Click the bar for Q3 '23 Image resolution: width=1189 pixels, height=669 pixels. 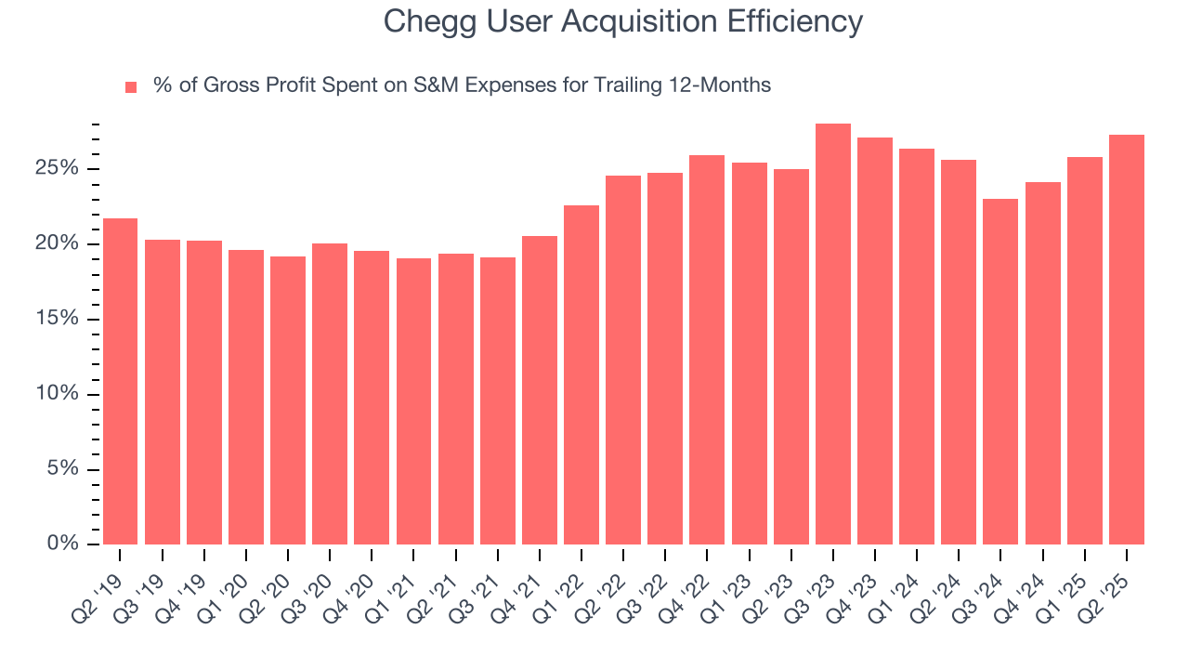[x=832, y=334]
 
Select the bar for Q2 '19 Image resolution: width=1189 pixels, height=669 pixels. [x=120, y=381]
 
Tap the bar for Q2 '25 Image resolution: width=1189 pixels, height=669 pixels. [x=1126, y=339]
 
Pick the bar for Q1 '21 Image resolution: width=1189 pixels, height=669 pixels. [x=413, y=400]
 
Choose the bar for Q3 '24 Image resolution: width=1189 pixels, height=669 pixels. [x=1000, y=371]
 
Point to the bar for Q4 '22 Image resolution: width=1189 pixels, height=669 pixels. [x=707, y=349]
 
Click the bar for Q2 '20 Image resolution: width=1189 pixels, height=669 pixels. [x=288, y=400]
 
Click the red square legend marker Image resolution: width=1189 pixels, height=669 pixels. [x=131, y=86]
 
